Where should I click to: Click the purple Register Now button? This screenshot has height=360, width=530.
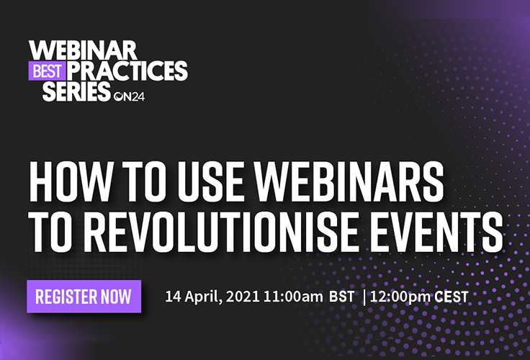click(84, 296)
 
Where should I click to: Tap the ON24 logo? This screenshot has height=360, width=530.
click(130, 96)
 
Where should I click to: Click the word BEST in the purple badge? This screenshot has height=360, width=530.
click(47, 71)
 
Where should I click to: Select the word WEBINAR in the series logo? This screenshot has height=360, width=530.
click(83, 50)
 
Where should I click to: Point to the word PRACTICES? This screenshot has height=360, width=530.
click(127, 71)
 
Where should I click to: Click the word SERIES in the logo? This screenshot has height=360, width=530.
click(76, 91)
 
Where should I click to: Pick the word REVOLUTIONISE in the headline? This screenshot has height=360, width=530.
click(223, 233)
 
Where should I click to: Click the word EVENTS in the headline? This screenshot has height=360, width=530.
click(436, 233)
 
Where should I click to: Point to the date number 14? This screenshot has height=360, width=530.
click(173, 297)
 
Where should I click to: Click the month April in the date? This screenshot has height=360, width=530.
click(204, 297)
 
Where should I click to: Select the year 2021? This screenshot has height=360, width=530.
click(243, 297)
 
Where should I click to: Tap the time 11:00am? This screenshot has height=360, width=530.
click(293, 297)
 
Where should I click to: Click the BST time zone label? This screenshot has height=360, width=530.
click(342, 297)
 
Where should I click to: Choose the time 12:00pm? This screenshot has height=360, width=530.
click(400, 297)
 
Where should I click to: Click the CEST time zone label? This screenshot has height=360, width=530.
click(452, 297)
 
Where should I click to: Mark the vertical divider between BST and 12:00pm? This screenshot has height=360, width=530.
click(364, 297)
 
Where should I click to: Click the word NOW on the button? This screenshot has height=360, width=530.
click(116, 297)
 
